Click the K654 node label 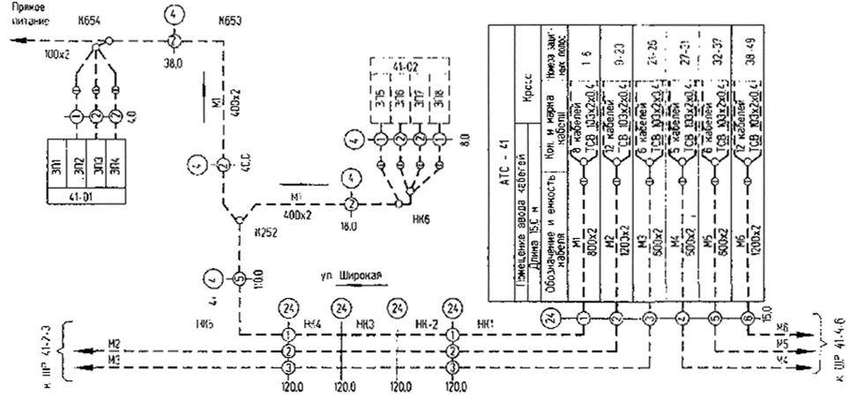[87, 19]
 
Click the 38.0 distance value [173, 63]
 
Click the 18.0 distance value [349, 226]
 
